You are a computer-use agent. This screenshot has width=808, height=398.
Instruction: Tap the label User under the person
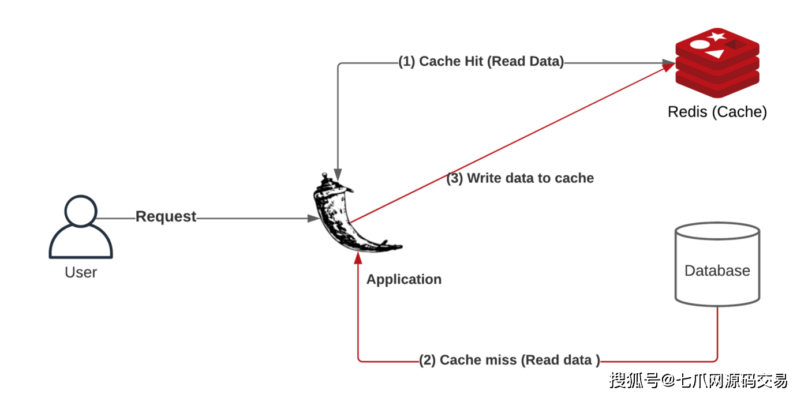[x=81, y=272]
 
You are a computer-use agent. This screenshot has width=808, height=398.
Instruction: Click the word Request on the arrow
[x=166, y=216]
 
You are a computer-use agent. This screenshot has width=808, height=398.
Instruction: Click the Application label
[x=404, y=279]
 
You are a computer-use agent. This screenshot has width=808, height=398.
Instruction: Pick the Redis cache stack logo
[x=717, y=63]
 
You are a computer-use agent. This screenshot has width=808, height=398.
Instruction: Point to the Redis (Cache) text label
[x=717, y=112]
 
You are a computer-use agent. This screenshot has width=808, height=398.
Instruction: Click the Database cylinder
[x=717, y=264]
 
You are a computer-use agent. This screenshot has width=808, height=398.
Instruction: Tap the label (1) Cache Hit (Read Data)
[x=481, y=61]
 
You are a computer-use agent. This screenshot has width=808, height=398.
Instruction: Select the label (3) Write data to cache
[x=520, y=178]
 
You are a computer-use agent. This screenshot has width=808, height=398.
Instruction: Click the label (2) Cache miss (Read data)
[x=509, y=360]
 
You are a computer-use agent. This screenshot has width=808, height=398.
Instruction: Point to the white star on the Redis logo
[x=717, y=36]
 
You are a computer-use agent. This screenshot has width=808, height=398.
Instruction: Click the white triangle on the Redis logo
[x=716, y=54]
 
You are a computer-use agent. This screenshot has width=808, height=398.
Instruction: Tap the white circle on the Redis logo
[x=699, y=44]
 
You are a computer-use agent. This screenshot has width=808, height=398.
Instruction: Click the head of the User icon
[x=81, y=211]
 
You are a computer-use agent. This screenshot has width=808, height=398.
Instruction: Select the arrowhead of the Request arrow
[x=313, y=219]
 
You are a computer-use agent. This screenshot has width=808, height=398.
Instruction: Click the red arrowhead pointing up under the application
[x=358, y=258]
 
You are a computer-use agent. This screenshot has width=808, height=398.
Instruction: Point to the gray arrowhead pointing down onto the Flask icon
[x=338, y=174]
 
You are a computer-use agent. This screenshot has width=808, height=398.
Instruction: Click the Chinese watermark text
[x=698, y=381]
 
